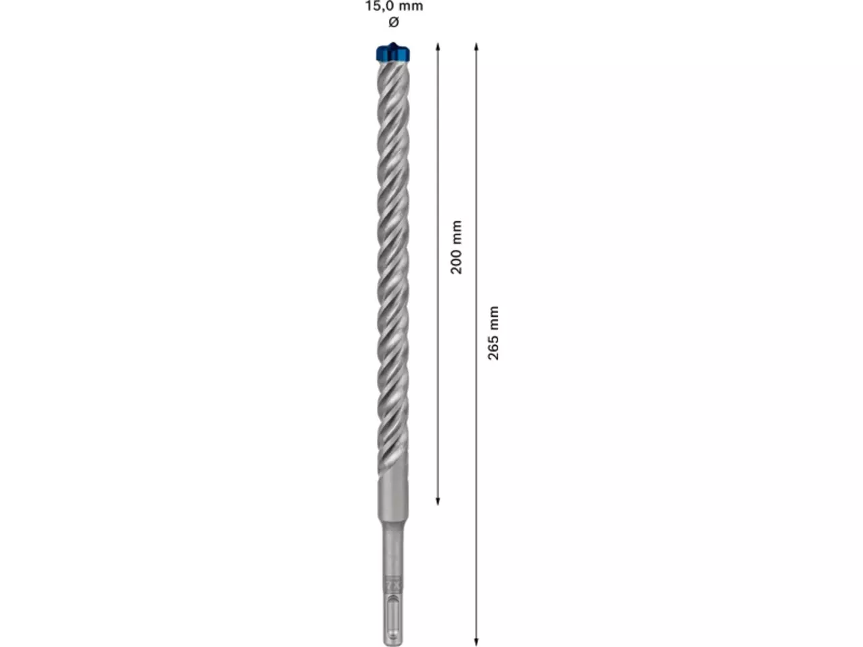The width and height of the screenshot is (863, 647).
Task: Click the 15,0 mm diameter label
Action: pos(394,7)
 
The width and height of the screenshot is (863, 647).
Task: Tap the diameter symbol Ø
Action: pos(394,22)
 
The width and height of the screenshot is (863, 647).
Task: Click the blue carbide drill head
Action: pos(393,53)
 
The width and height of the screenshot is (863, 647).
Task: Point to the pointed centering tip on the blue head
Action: pos(392,44)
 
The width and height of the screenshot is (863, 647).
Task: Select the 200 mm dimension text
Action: pos(456,247)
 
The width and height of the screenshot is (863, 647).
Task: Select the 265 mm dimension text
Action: pos(493,333)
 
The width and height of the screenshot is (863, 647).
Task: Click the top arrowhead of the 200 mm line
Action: pos(438,47)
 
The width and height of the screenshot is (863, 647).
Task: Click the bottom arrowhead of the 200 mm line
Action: pos(438,501)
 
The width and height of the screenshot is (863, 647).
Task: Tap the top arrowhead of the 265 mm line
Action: pos(476,47)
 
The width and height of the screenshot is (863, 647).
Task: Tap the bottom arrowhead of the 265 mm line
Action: pos(476,642)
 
